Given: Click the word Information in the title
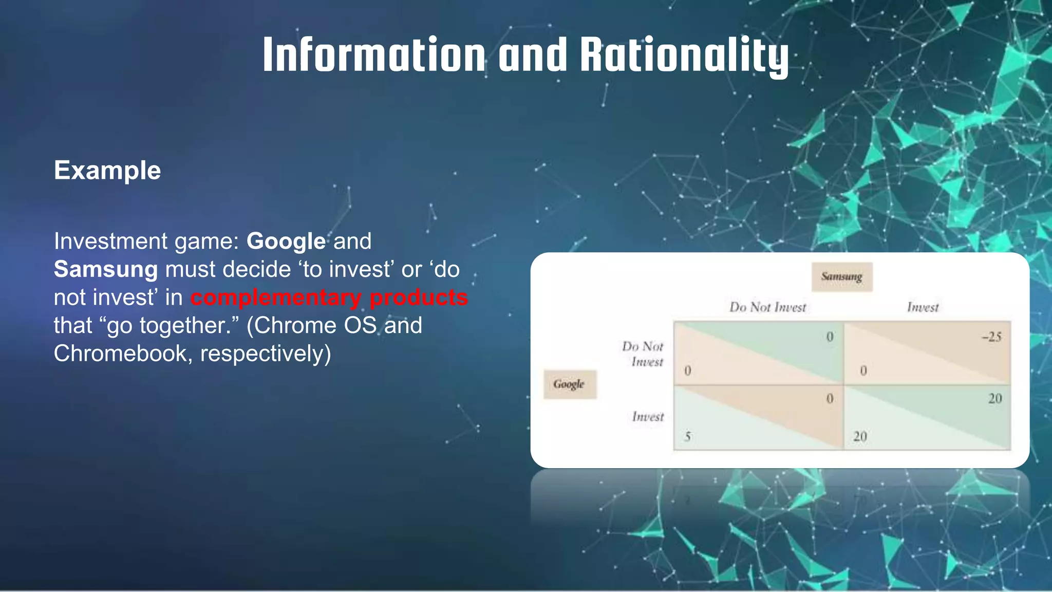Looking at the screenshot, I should coord(373,54).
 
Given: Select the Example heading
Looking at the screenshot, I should coord(107,170).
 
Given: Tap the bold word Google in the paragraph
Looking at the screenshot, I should coord(286,242).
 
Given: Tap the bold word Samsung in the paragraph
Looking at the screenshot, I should coord(106,269).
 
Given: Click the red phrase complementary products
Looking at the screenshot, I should coord(329,298).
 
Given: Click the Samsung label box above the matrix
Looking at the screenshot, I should coord(841,277).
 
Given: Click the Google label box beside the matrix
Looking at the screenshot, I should coord(569,384).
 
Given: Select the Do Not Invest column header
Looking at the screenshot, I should coord(767,307).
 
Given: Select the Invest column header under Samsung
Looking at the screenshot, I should coord(923,307).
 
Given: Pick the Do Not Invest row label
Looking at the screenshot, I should coord(643,354).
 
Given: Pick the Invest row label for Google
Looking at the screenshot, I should coord(648,417).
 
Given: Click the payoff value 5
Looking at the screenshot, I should coord(688,437).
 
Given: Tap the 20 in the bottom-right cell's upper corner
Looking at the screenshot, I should coord(994,399).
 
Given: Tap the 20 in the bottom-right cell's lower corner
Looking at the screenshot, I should coord(860,437).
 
